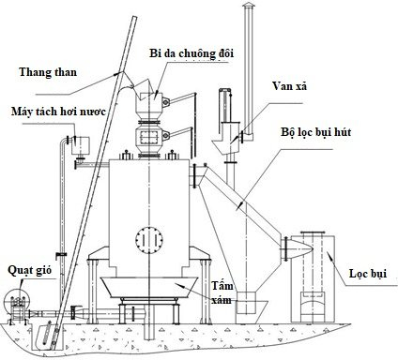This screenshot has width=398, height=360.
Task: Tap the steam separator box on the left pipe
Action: [76, 142]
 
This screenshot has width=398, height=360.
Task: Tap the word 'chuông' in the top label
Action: [199, 54]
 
